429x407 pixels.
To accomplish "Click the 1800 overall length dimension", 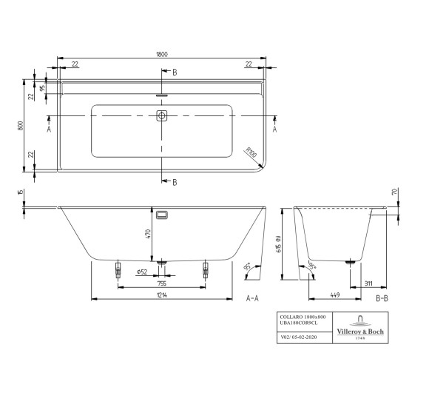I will (x=163, y=54).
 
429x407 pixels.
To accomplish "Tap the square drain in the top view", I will (x=162, y=116).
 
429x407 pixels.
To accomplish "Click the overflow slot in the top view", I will (x=162, y=95).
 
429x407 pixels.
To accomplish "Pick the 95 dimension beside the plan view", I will (x=43, y=87).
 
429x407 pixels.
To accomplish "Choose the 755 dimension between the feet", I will (x=162, y=282).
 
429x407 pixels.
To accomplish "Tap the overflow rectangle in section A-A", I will (x=163, y=215).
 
